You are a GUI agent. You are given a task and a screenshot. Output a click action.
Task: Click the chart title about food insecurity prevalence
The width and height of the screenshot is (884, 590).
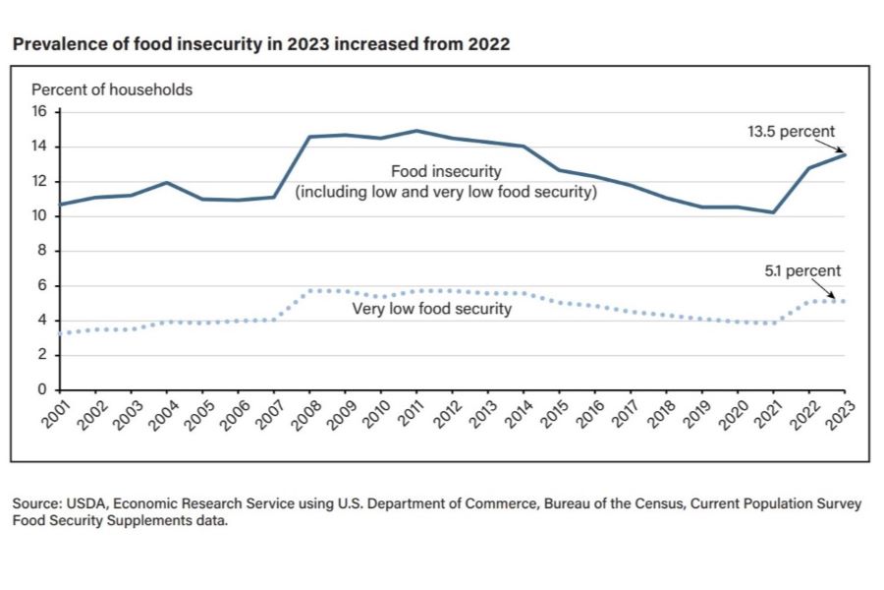[260, 44]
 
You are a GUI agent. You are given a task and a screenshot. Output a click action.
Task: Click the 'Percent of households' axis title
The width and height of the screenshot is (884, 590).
[112, 89]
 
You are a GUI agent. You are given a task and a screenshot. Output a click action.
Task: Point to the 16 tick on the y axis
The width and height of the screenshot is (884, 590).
[41, 112]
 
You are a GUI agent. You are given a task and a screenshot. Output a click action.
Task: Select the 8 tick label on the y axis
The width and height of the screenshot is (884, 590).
[42, 251]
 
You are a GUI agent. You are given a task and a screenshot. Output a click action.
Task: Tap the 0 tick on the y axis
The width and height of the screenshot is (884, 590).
[42, 390]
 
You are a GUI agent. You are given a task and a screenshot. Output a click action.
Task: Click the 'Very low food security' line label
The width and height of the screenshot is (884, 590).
[431, 309]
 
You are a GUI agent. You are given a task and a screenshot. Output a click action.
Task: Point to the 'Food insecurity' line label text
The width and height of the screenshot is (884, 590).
[446, 171]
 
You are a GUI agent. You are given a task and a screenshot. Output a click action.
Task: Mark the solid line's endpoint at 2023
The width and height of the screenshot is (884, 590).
[845, 154]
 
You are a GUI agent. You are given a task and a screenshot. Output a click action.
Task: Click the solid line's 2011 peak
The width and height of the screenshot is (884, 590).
[417, 130]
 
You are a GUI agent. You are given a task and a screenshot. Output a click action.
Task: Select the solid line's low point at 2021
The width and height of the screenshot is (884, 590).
[773, 211]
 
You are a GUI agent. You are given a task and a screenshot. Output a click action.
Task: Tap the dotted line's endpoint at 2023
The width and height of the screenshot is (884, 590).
[845, 301]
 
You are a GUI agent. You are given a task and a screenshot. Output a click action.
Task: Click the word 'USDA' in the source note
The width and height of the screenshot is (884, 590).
[86, 503]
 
